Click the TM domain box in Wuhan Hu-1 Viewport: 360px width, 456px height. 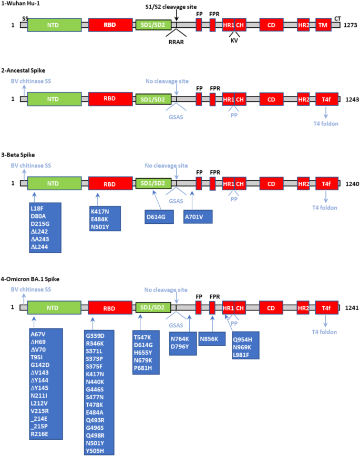point(323,25)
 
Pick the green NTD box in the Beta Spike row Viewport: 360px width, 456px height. point(54,183)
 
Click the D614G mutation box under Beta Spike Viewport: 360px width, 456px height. point(159,216)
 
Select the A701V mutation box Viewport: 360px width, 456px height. point(197,216)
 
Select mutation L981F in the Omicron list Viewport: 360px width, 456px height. point(245,356)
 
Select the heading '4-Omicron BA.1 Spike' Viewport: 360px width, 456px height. point(37,278)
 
